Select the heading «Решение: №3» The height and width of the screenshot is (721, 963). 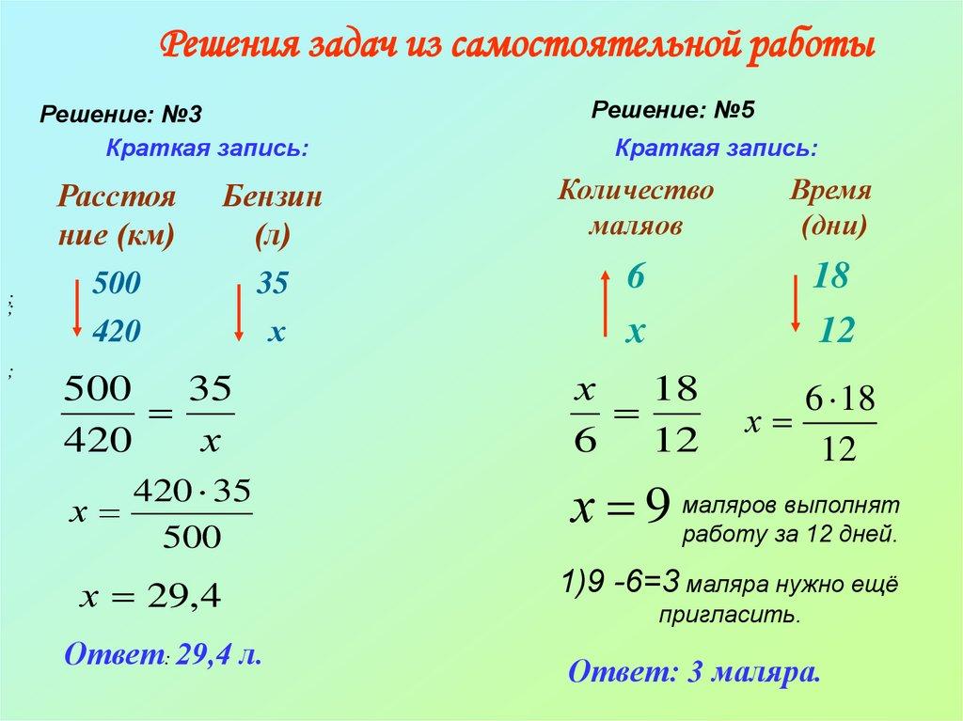120,114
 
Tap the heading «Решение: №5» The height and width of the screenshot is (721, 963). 673,110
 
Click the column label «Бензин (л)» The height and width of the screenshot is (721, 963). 272,215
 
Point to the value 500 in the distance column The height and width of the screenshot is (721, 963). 116,283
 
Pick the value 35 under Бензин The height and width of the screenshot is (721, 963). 273,283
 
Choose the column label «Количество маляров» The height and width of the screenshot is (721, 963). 635,208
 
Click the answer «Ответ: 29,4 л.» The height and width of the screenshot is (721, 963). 162,654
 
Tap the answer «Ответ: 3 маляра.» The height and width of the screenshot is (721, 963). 695,672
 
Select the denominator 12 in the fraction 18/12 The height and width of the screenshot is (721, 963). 674,439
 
